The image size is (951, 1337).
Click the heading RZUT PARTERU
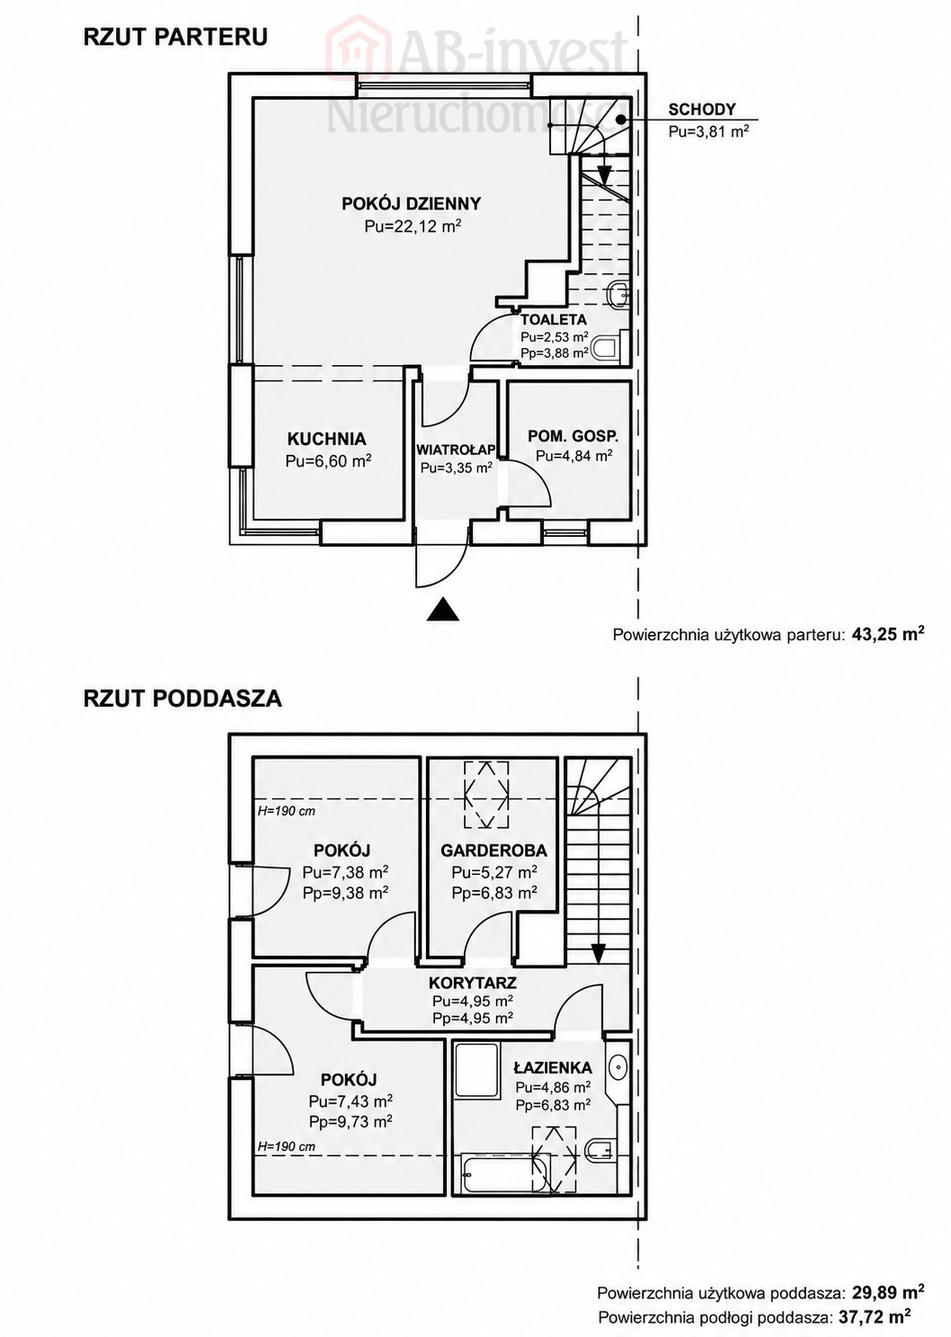point(175,37)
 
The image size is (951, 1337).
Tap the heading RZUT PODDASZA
point(182,699)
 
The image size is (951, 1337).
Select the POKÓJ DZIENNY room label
point(411,203)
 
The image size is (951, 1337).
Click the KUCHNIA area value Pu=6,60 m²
point(329,461)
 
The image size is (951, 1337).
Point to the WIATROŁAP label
point(457,449)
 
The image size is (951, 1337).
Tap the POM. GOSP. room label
point(573,436)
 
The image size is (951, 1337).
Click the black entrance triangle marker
point(442,610)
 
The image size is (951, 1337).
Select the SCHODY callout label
point(702,109)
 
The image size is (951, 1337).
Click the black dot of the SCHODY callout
point(621,120)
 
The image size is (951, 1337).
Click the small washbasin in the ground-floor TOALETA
point(618,294)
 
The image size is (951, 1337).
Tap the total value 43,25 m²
point(888,634)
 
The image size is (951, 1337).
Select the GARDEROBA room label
point(493,851)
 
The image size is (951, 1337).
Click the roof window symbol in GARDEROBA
point(487,794)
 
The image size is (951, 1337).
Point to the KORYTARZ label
point(473,983)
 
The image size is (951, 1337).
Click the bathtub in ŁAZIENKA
point(505,1172)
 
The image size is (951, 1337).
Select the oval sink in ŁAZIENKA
point(618,1065)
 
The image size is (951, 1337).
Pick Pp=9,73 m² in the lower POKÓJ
point(351,1121)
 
